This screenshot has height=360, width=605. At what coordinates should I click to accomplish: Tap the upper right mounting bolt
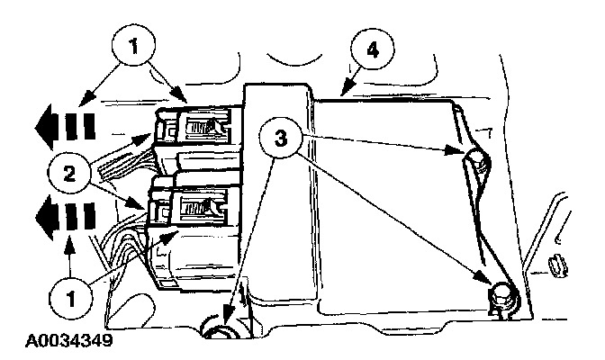tap(478, 162)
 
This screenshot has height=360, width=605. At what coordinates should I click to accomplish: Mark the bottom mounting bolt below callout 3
tap(220, 333)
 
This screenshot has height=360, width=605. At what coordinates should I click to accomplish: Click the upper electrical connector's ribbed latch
tap(199, 129)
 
